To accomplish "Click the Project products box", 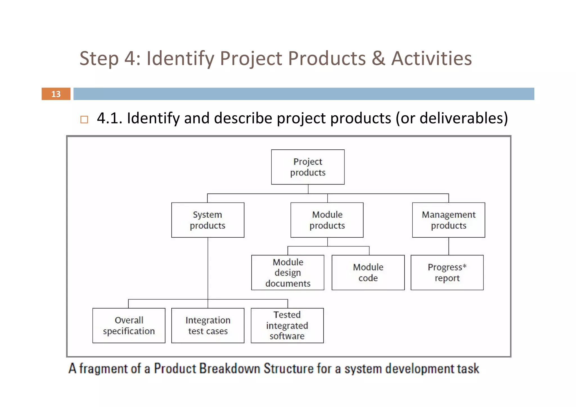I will tap(308, 167).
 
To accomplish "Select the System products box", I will tap(208, 220).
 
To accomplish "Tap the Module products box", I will tap(327, 220).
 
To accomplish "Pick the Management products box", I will tap(448, 220).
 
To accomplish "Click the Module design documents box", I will tap(288, 273).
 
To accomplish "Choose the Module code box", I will tap(368, 273).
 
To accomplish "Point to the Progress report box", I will tap(447, 273).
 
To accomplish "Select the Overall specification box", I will tap(129, 325).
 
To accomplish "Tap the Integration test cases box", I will tap(208, 325).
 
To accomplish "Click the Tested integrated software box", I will tap(287, 325).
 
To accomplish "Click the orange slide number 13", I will tap(56, 94).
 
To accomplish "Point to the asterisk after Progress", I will tap(464, 266).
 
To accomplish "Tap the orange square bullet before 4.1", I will tap(84, 120).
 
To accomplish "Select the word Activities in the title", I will tap(431, 59).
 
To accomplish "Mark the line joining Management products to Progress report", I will tap(449, 246).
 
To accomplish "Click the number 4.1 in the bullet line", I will tap(109, 118).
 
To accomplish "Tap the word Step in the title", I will tap(99, 59).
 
